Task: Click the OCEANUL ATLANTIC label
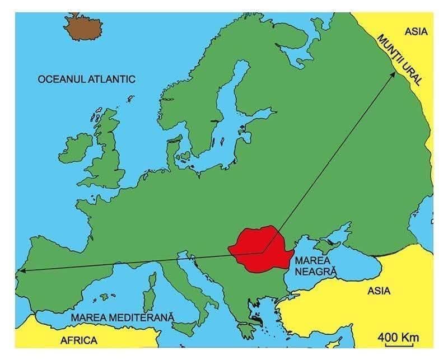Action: click(x=86, y=79)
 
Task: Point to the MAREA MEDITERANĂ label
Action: click(x=122, y=317)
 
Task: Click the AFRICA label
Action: click(x=78, y=340)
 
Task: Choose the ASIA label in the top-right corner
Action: click(x=416, y=31)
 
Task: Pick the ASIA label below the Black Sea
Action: click(x=379, y=291)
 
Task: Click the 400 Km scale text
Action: click(x=398, y=337)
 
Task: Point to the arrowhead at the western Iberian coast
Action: click(x=21, y=271)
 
